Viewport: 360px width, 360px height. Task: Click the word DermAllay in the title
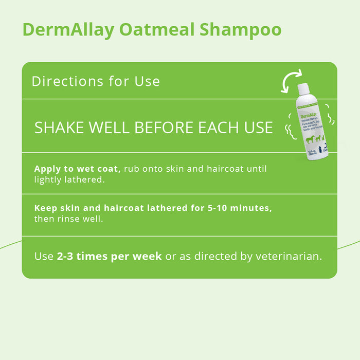pos(69,29)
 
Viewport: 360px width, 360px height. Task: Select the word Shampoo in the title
pos(241,29)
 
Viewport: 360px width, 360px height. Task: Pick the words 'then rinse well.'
pos(68,219)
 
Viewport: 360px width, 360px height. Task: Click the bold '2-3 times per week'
pos(109,256)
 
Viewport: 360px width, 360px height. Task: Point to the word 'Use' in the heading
pos(147,81)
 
